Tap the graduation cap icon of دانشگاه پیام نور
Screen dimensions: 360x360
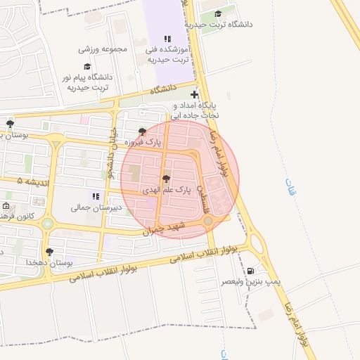pos(87,66)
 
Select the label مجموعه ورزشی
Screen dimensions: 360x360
pos(103,49)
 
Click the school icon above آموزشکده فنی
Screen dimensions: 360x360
pos(167,39)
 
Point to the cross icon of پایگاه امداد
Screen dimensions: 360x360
pos(194,94)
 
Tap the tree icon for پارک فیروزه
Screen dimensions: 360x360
pos(143,131)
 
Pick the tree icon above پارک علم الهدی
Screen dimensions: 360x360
pos(166,179)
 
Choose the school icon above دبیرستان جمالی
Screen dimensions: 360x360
pos(96,196)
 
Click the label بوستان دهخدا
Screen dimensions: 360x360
pos(50,262)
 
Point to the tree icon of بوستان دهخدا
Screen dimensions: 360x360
pos(49,251)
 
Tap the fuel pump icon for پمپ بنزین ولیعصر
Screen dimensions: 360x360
pos(251,271)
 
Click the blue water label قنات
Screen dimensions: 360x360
pos(290,186)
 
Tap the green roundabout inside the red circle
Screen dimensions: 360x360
pos(208,222)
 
